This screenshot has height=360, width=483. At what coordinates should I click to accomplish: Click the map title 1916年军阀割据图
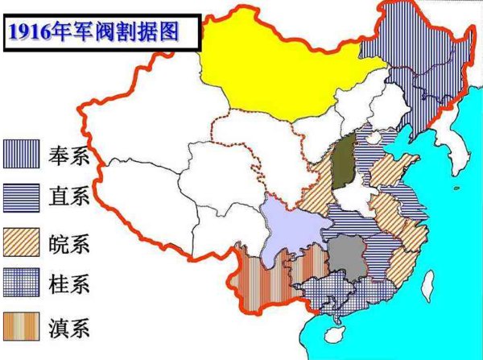[93, 32]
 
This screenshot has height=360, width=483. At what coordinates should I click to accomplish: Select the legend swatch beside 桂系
[22, 283]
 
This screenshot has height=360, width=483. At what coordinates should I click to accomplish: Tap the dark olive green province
[344, 162]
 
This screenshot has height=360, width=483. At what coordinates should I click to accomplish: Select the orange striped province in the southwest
[266, 278]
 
